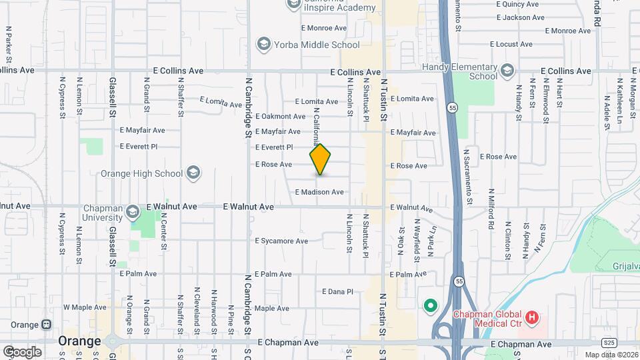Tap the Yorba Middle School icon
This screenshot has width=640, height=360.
pyautogui.click(x=263, y=45)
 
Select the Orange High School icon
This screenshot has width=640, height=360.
pyautogui.click(x=193, y=173)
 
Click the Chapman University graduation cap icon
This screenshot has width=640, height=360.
pyautogui.click(x=132, y=212)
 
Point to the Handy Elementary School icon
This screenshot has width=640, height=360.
pyautogui.click(x=507, y=71)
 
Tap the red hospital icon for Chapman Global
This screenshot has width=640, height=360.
pyautogui.click(x=531, y=318)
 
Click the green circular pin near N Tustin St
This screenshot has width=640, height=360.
pyautogui.click(x=431, y=307)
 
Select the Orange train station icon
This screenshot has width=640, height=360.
pyautogui.click(x=46, y=325)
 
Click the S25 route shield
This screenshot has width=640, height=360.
pyautogui.click(x=607, y=343)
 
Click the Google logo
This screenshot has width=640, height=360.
pyautogui.click(x=22, y=352)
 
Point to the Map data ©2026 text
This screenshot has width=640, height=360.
pyautogui.click(x=611, y=355)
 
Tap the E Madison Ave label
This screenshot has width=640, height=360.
pyautogui.click(x=319, y=192)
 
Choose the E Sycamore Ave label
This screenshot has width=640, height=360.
pyautogui.click(x=281, y=241)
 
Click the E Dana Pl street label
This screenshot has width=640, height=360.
pyautogui.click(x=337, y=292)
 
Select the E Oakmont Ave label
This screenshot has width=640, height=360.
pyautogui.click(x=280, y=117)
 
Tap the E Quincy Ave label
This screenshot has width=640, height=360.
pyautogui.click(x=517, y=4)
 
